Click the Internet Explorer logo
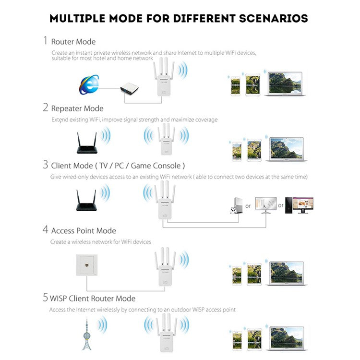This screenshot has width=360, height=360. pyautogui.click(x=89, y=84)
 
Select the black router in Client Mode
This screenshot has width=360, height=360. pyautogui.click(x=86, y=201)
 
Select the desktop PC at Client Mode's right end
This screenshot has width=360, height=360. pyautogui.click(x=299, y=205)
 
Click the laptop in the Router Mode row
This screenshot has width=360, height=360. pyautogui.click(x=285, y=84)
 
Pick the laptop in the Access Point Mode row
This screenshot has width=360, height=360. pyautogui.click(x=286, y=273)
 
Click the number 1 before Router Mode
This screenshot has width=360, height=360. pyautogui.click(x=45, y=41)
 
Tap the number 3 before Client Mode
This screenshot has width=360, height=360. pyautogui.click(x=45, y=166)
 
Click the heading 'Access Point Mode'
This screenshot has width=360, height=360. pyautogui.click(x=84, y=231)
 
